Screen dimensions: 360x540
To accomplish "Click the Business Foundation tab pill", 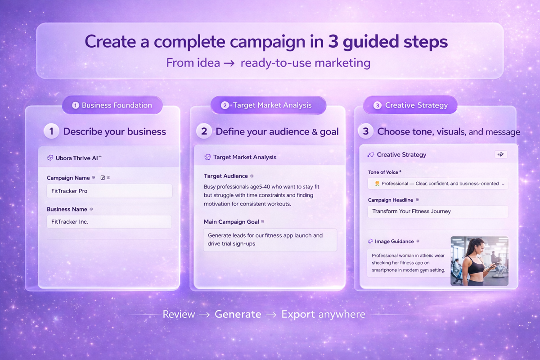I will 112,105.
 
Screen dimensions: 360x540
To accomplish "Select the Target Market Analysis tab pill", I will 268,105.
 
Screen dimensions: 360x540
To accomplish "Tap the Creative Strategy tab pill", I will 410,105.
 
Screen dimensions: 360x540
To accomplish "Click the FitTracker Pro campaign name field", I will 109,191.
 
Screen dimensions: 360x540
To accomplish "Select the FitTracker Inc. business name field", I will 109,221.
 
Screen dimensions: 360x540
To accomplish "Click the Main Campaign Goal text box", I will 270,239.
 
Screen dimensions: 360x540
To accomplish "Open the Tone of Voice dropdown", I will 438,184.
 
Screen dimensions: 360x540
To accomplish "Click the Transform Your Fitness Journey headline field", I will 438,211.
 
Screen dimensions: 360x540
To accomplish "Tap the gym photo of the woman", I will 479,261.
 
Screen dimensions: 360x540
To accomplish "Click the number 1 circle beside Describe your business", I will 52,131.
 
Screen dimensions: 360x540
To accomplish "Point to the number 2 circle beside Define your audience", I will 204,131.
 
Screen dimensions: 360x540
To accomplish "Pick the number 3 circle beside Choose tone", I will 366,131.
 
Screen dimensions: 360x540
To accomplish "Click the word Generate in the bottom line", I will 238,314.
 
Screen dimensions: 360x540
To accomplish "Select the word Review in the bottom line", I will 179,314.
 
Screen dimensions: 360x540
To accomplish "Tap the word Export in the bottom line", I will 298,314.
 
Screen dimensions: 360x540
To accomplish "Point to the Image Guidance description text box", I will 408,263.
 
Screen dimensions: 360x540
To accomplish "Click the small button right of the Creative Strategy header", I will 500,154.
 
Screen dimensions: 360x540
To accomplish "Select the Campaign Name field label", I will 68,178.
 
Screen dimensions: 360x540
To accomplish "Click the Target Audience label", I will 225,176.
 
